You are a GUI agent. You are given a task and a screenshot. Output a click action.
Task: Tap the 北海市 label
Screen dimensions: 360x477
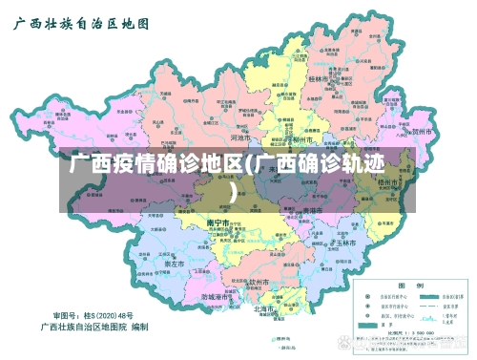[x=264, y=308]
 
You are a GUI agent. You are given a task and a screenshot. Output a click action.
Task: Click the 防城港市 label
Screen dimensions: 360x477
[x=219, y=297]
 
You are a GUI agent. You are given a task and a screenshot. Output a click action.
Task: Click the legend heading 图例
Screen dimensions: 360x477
[x=404, y=285]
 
